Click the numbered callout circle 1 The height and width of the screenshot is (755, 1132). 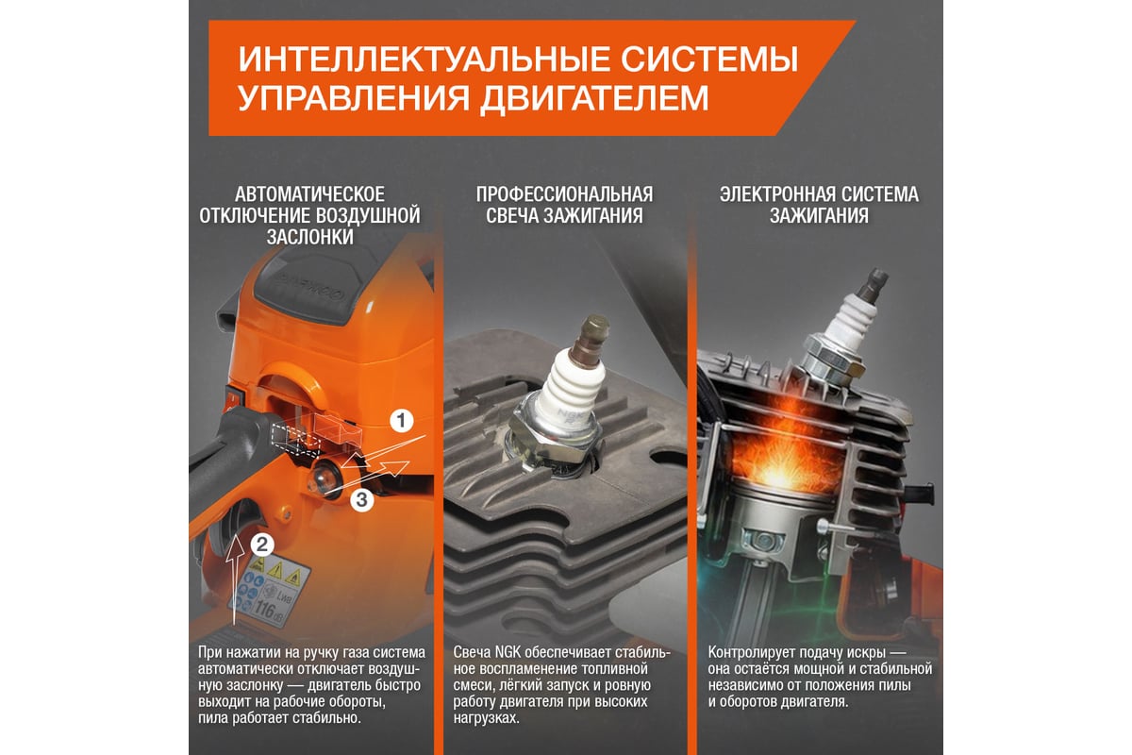tap(401, 421)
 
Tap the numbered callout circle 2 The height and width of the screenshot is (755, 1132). tap(262, 545)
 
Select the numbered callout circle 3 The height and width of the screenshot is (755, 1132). tap(362, 500)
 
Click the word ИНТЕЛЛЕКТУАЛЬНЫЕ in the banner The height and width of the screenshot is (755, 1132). tap(424, 59)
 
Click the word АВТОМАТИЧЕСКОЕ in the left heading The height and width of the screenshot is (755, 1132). tap(309, 194)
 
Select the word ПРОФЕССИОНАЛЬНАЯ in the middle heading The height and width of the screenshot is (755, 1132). tap(564, 194)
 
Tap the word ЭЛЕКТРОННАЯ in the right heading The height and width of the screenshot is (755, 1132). tap(776, 194)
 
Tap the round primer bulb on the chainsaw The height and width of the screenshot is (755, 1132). tap(324, 478)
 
